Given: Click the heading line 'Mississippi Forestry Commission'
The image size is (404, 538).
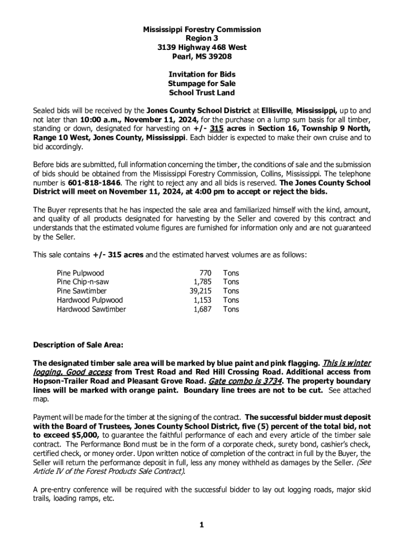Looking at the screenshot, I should pos(202,30).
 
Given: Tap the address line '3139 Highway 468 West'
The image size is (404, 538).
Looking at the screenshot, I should pos(202,47).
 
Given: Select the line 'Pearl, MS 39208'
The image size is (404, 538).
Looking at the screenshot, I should pos(202,56).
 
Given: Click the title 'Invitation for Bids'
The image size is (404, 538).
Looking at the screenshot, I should pos(202,75).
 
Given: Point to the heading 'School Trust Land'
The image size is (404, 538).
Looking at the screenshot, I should pos(202,92).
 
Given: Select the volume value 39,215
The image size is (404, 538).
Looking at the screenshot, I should pos(200,291).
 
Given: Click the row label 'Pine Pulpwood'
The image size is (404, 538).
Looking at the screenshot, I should pos(80,273).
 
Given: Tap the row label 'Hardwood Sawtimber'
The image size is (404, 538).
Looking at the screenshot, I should pos(91,309).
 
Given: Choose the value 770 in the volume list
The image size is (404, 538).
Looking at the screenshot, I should pos(205,273).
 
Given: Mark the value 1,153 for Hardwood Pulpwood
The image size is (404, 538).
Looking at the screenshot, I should pos(202,301).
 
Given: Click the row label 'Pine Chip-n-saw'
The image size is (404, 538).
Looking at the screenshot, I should pos(83,282).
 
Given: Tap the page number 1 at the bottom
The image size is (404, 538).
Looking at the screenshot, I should pos(201,525).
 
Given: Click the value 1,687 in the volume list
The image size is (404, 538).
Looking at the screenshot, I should pos(202,309).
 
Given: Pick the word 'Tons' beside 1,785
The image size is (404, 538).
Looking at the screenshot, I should pos(231,282).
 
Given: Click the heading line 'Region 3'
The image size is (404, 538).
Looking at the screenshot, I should pos(202,38).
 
